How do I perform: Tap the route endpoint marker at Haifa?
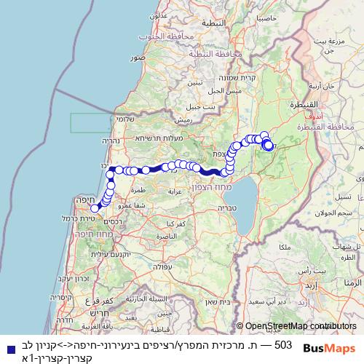(95, 208)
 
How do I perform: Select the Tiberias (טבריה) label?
(224, 207)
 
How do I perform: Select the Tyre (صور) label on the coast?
(138, 56)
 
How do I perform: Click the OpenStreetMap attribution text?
(290, 326)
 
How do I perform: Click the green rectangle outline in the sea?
(91, 123)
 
